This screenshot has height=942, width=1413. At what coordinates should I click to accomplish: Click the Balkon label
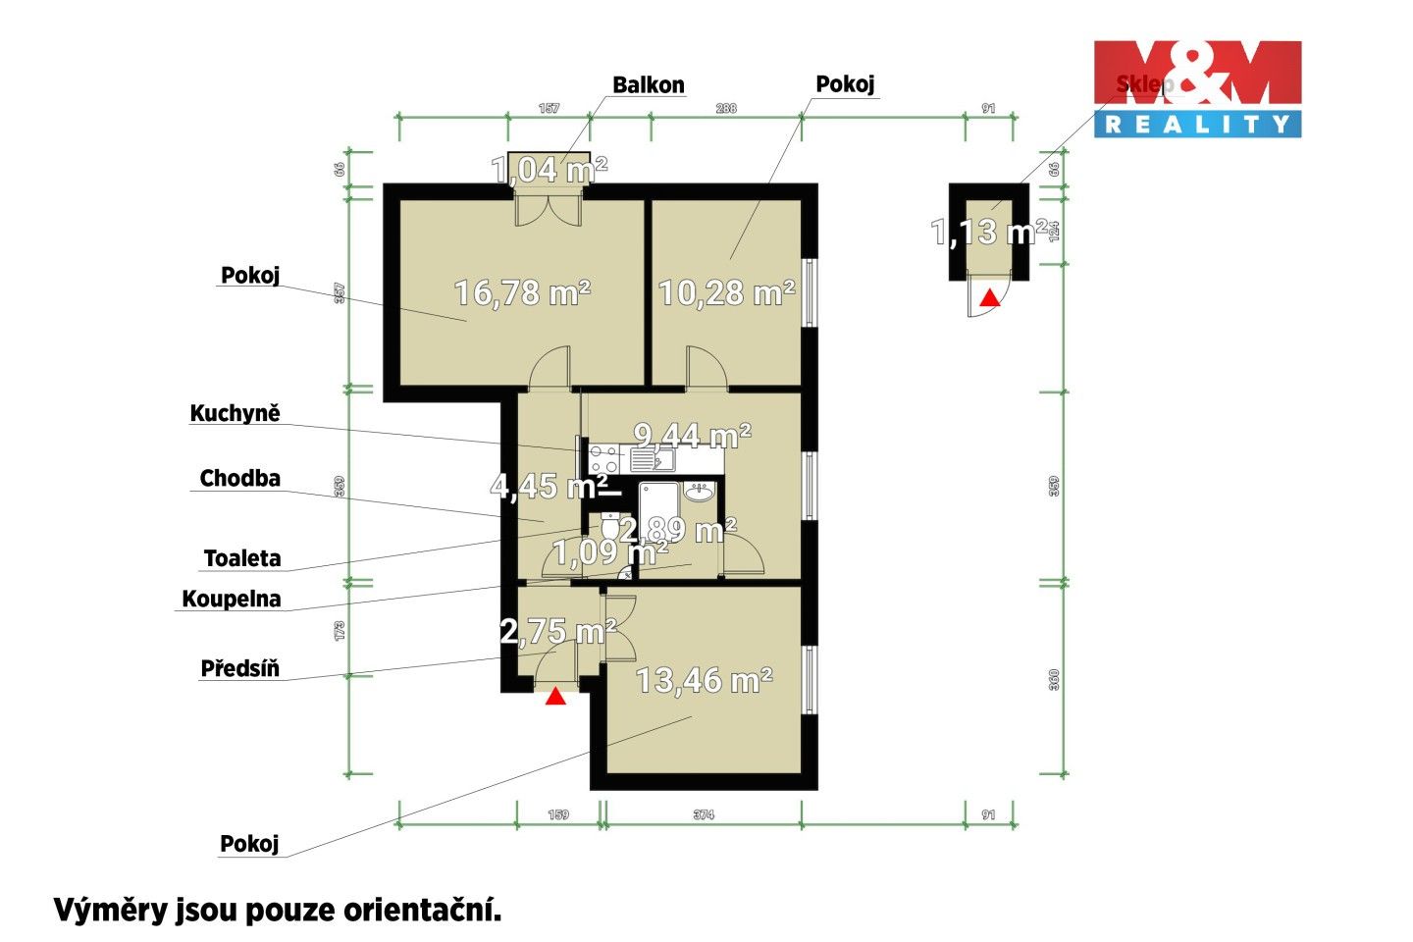tap(648, 84)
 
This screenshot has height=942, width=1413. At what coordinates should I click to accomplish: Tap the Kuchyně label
tap(235, 413)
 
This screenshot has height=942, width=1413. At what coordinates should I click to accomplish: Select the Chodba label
tap(239, 478)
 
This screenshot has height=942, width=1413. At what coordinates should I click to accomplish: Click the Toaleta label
tap(242, 558)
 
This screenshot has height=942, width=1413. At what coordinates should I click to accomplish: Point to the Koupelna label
tap(232, 599)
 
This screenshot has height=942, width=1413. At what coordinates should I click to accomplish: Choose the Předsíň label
tap(239, 668)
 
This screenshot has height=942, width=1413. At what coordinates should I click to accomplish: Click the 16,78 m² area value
tap(522, 291)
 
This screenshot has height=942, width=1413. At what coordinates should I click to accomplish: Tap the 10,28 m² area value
tap(726, 291)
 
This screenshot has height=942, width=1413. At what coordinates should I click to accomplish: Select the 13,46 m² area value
tap(704, 679)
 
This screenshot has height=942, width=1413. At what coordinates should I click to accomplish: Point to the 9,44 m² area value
tap(693, 434)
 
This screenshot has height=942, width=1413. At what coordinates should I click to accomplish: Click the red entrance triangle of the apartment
tap(555, 697)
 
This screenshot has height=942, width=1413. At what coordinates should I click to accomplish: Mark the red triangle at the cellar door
tap(991, 297)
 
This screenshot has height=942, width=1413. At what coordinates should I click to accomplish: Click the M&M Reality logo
tap(1197, 88)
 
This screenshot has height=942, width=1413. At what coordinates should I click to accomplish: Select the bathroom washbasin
tap(699, 493)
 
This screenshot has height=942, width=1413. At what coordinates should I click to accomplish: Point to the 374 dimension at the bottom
tap(703, 814)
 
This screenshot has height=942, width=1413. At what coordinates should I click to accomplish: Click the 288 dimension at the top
tap(725, 108)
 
